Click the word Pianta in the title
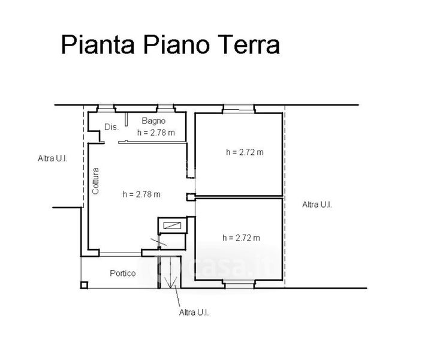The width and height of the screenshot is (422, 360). tap(98, 44)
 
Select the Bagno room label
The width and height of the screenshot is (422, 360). tap(153, 121)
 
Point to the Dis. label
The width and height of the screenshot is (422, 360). tap(111, 127)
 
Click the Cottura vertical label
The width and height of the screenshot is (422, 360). tap(95, 181)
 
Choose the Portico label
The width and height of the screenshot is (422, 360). tap(123, 273)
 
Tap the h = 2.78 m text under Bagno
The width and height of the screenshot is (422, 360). tap(156, 133)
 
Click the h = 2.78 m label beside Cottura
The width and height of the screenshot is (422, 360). tap(141, 194)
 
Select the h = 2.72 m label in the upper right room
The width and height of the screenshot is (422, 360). tap(245, 152)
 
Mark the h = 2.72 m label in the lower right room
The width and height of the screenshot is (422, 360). tap(241, 238)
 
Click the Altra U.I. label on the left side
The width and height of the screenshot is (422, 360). tap(53, 158)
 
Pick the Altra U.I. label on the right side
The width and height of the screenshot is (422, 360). tap(317, 205)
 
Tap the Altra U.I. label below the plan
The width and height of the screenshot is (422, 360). tap(194, 313)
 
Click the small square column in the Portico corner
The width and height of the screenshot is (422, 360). tap(85, 285)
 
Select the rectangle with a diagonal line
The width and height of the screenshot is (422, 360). tap(172, 225)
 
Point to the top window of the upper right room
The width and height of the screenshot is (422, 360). tap(239, 109)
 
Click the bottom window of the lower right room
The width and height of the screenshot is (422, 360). tap(239, 284)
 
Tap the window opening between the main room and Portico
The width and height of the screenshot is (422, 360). tap(120, 254)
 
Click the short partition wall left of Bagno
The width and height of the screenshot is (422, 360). tap(126, 119)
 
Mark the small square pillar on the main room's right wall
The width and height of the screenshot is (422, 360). tap(191, 197)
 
